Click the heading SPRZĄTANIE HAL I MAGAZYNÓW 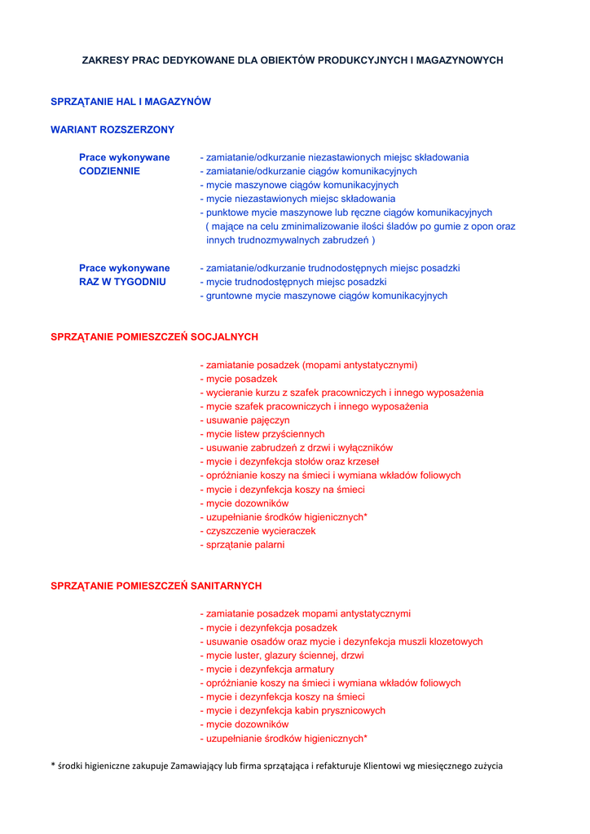coord(130,102)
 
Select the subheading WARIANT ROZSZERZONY coord(112,129)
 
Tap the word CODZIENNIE coord(109,171)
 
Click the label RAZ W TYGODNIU coord(122,282)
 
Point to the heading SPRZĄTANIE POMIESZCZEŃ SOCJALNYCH coord(154,336)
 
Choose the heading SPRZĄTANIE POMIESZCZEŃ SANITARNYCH coord(156,586)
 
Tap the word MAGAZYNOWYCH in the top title coord(460,60)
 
